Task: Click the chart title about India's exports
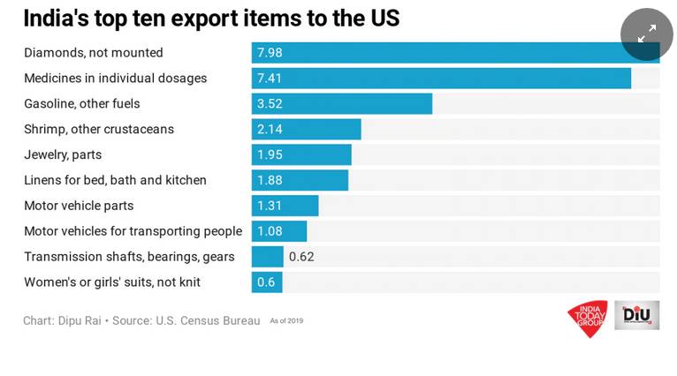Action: [211, 18]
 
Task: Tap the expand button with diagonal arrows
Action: [646, 34]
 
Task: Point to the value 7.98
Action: [270, 53]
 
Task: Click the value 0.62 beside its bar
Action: [301, 257]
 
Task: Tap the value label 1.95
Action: [270, 154]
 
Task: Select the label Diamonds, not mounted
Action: [94, 53]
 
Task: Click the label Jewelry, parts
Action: [63, 154]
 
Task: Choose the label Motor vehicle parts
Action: [79, 206]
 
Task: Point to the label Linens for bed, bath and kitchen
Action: [115, 180]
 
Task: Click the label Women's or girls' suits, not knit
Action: [112, 282]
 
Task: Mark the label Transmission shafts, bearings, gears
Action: [129, 257]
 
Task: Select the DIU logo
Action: [637, 315]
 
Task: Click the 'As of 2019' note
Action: [286, 321]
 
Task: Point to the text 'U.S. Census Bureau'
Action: [209, 320]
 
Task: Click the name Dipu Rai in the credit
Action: [80, 320]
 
